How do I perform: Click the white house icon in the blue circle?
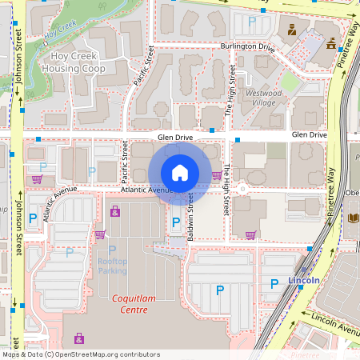pyautogui.click(x=180, y=172)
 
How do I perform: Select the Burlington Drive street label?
pyautogui.click(x=247, y=47)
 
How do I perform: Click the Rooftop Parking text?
pyautogui.click(x=112, y=266)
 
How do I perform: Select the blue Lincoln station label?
pyautogui.click(x=304, y=281)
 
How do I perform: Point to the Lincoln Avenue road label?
pyautogui.click(x=335, y=322)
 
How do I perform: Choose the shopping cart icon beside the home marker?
pyautogui.click(x=216, y=174)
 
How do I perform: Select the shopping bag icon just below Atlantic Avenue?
pyautogui.click(x=115, y=211)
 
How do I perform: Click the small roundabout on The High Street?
pyautogui.click(x=241, y=190)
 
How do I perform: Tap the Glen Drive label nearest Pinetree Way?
pyautogui.click(x=309, y=136)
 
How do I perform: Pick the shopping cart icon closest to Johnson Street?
pyautogui.click(x=37, y=179)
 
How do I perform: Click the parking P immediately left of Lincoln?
pyautogui.click(x=274, y=282)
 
